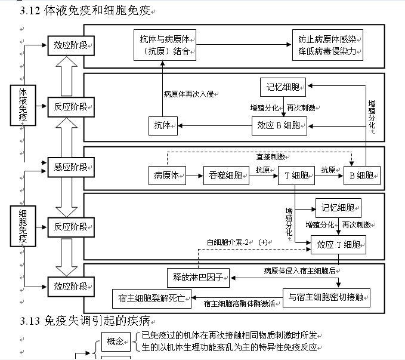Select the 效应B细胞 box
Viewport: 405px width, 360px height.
coord(279,125)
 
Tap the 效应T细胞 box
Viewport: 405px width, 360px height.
coord(338,244)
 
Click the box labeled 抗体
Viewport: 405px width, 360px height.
coord(162,125)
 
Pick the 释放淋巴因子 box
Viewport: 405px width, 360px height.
coord(197,278)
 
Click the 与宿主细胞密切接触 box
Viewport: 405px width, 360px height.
coord(326,297)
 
